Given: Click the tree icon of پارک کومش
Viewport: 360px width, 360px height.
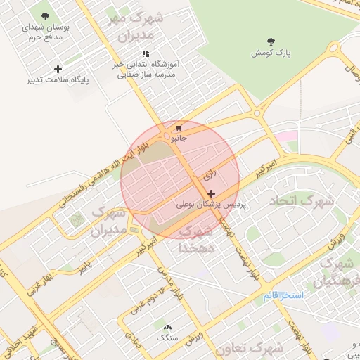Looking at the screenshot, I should click(272, 41).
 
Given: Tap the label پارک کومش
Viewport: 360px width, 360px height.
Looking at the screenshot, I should click(272, 53).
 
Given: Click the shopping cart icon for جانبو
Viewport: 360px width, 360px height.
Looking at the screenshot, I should click(179, 128).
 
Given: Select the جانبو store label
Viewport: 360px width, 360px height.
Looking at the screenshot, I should click(180, 139).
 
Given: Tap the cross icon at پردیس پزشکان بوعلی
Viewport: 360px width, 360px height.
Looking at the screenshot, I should click(211, 193).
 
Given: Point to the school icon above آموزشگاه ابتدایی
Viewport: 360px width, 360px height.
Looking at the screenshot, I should click(146, 53).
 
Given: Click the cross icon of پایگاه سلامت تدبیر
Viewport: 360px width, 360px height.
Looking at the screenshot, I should click(58, 69).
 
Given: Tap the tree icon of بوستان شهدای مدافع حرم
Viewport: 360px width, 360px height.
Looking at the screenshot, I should click(46, 15).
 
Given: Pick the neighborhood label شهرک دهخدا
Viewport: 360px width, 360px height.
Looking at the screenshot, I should click(196, 239).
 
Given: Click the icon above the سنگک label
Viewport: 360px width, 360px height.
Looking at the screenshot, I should click(167, 327).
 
